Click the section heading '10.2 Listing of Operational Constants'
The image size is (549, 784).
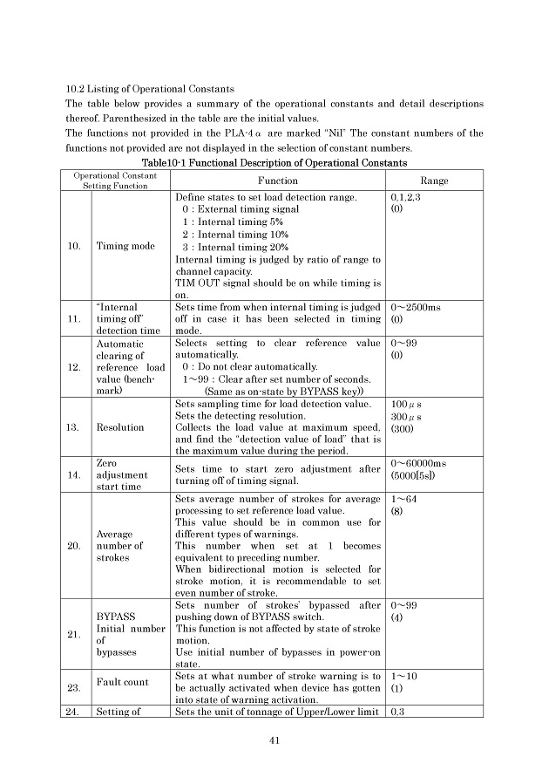click(x=149, y=88)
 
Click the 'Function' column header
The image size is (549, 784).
click(x=278, y=181)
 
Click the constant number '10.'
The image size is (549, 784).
click(x=74, y=246)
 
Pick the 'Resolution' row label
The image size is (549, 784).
click(x=117, y=427)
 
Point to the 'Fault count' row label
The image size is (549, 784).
click(x=121, y=682)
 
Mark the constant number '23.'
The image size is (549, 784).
click(x=74, y=688)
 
